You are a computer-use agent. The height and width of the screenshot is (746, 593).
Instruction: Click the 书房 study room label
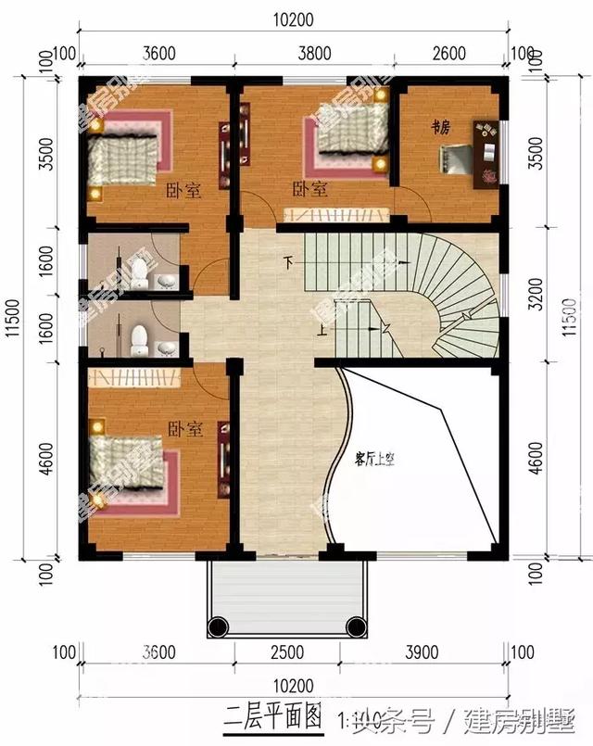[x=440, y=125]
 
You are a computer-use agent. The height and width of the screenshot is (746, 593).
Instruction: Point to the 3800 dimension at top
[x=314, y=54]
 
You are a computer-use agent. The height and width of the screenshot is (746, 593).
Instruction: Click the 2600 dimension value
[x=449, y=54]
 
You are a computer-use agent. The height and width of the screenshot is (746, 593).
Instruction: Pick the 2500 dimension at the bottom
[x=286, y=652]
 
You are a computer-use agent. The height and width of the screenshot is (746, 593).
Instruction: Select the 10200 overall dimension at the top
[x=293, y=19]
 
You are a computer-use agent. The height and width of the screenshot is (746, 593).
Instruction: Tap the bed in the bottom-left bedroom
[x=131, y=468]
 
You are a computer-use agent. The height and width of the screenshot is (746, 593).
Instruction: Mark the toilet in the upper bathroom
[x=139, y=272]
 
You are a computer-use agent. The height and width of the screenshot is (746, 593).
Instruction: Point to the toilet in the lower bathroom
[x=139, y=338]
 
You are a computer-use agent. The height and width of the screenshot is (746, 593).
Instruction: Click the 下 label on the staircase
[x=290, y=263]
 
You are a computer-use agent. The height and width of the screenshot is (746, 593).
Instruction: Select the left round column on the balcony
[x=218, y=627]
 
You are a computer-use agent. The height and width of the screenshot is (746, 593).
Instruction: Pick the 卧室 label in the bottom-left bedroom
[x=184, y=430]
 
